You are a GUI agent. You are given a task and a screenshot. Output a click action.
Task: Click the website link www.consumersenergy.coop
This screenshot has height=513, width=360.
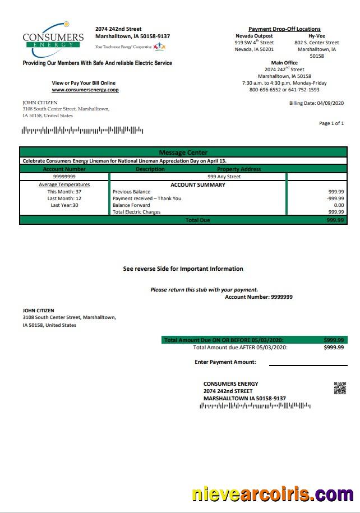point(85,90)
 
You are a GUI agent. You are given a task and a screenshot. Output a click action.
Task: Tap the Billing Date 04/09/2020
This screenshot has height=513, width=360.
point(316,103)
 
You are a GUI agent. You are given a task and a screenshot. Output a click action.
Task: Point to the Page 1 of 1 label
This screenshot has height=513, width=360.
point(331,123)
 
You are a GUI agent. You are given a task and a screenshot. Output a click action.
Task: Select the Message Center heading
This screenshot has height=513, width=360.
point(183,152)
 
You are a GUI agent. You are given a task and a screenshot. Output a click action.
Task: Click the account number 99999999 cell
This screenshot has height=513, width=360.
point(64,177)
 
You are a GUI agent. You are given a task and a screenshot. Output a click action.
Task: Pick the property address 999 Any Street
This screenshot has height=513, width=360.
point(224,177)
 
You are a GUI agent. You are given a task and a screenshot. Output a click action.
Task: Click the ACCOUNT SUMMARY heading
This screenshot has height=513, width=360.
point(198,184)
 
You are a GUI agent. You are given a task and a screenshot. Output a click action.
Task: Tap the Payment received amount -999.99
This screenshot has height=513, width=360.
point(335,198)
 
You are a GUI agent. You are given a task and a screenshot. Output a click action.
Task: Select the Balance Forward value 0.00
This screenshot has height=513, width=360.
point(339,205)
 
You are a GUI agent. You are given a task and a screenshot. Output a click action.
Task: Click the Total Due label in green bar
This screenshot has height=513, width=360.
point(197,220)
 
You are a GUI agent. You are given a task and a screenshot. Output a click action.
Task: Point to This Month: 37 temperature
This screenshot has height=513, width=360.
point(64,192)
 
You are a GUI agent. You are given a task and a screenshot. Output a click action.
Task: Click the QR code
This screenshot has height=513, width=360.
point(340,388)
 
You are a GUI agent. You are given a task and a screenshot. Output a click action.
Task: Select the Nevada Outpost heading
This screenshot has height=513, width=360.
point(254,36)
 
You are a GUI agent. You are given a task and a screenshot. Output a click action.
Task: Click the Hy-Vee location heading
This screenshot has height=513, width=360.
point(317,36)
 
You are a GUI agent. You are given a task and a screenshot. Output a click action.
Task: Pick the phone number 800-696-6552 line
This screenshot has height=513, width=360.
point(284,90)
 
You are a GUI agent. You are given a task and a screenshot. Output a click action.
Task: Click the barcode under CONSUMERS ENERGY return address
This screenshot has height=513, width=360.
point(255,405)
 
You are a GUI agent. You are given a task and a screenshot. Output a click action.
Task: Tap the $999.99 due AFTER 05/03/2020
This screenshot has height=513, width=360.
point(334,348)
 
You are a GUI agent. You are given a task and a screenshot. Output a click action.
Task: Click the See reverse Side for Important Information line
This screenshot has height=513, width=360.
point(183,269)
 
